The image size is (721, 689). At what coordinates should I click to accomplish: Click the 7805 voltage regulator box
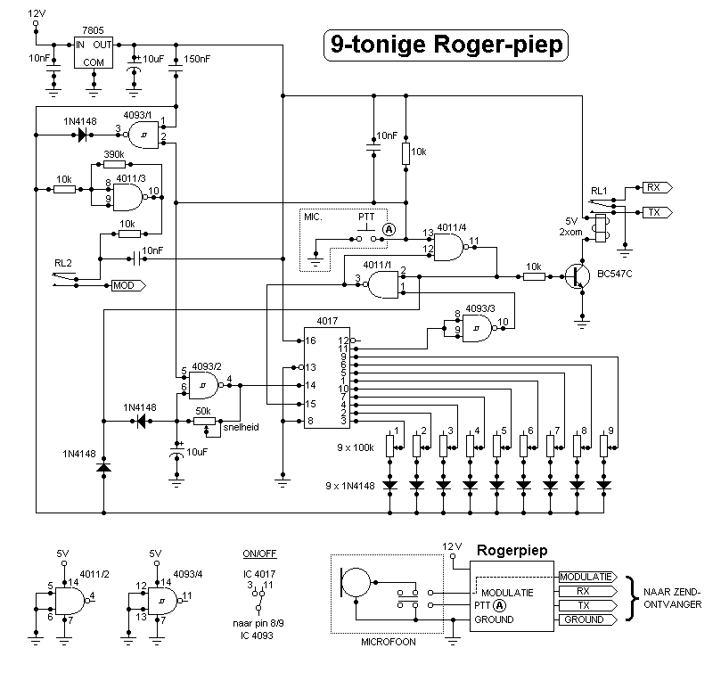coord(94,53)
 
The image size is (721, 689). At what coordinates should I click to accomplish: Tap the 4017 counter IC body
coord(327,380)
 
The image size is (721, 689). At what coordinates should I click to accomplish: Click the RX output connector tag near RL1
coord(658,188)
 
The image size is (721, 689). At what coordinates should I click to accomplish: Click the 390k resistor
coord(114,163)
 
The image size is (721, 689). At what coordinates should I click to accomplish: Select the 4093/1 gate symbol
coord(145,135)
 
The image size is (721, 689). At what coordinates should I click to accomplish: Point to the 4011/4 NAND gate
coord(449,248)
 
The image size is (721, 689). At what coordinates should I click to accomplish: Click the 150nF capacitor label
coord(198,59)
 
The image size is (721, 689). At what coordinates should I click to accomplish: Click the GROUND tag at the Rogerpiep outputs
coord(585,619)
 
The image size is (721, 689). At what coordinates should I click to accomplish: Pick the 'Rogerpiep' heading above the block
coord(513,551)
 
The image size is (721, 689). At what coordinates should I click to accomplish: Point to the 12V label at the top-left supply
coord(36,14)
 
